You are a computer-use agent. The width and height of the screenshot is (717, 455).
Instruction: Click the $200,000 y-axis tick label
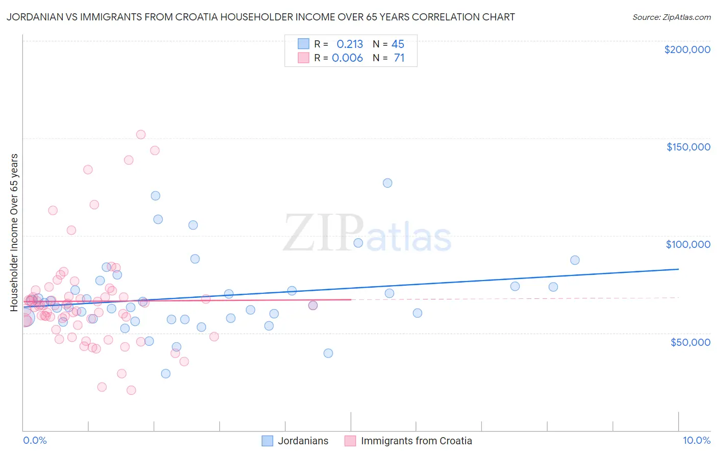point(687,49)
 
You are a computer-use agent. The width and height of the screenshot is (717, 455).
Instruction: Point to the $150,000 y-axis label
point(688,147)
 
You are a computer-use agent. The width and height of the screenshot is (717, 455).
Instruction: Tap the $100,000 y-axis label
point(688,244)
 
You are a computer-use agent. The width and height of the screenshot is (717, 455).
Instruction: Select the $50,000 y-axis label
point(690,342)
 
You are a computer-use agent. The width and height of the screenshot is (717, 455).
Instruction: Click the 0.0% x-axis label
point(35,440)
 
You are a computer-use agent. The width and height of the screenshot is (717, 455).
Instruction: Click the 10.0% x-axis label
point(696,440)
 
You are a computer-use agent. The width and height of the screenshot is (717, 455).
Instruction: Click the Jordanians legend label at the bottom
point(303,441)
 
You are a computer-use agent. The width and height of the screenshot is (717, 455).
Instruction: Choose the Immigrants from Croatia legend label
point(416,441)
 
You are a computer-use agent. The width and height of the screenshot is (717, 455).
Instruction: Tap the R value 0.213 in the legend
point(350,44)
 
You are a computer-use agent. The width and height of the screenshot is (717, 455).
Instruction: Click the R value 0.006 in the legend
point(347,58)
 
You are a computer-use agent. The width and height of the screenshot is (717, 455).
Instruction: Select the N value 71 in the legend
point(399,58)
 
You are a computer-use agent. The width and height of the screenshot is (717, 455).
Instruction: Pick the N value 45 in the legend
point(398,44)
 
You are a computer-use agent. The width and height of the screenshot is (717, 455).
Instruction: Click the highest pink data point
point(141,135)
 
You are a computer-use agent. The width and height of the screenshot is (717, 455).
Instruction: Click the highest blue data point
point(388,183)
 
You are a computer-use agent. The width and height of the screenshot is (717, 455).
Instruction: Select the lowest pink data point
point(131,390)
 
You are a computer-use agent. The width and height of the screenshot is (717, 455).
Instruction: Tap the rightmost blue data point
point(575,260)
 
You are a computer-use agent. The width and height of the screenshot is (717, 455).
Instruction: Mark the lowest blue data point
point(166,373)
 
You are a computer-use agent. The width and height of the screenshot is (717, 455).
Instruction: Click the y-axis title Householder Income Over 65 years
point(14,233)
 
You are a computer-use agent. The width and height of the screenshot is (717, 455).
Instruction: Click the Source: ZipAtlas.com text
point(671,17)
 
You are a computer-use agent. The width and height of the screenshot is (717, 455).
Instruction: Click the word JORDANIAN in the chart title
point(34,17)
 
